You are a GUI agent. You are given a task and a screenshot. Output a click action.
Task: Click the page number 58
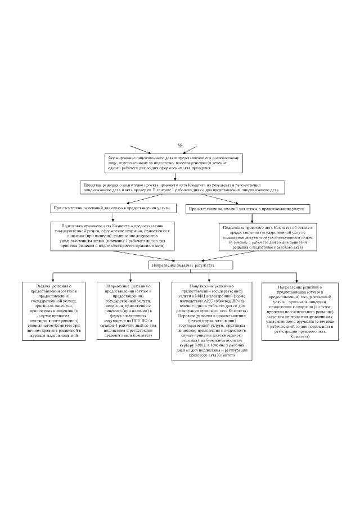tap(180, 146)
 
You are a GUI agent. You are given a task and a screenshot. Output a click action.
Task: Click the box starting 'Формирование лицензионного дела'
tap(175, 163)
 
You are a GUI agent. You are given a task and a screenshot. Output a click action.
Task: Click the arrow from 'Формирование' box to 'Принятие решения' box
tap(175, 177)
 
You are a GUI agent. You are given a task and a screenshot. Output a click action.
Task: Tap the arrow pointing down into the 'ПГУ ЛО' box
tap(130, 277)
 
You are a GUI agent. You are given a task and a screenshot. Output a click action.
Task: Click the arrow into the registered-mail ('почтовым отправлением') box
tap(296, 277)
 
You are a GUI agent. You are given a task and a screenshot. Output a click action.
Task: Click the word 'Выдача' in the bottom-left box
tap(43, 286)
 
